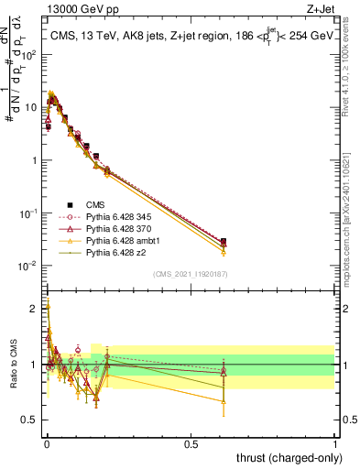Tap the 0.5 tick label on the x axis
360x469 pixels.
191,442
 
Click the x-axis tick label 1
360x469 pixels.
335,442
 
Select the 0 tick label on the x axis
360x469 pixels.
47,442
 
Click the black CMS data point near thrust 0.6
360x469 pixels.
224,242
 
